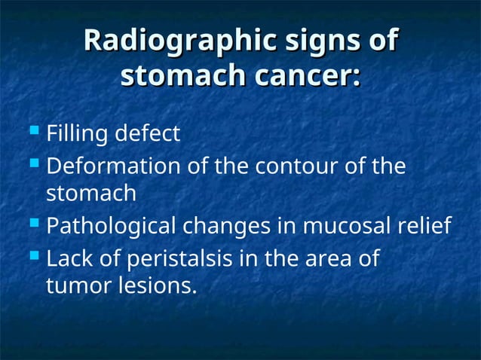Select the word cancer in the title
pos(301,76)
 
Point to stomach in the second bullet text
pos(91,194)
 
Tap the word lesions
pos(155,286)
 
